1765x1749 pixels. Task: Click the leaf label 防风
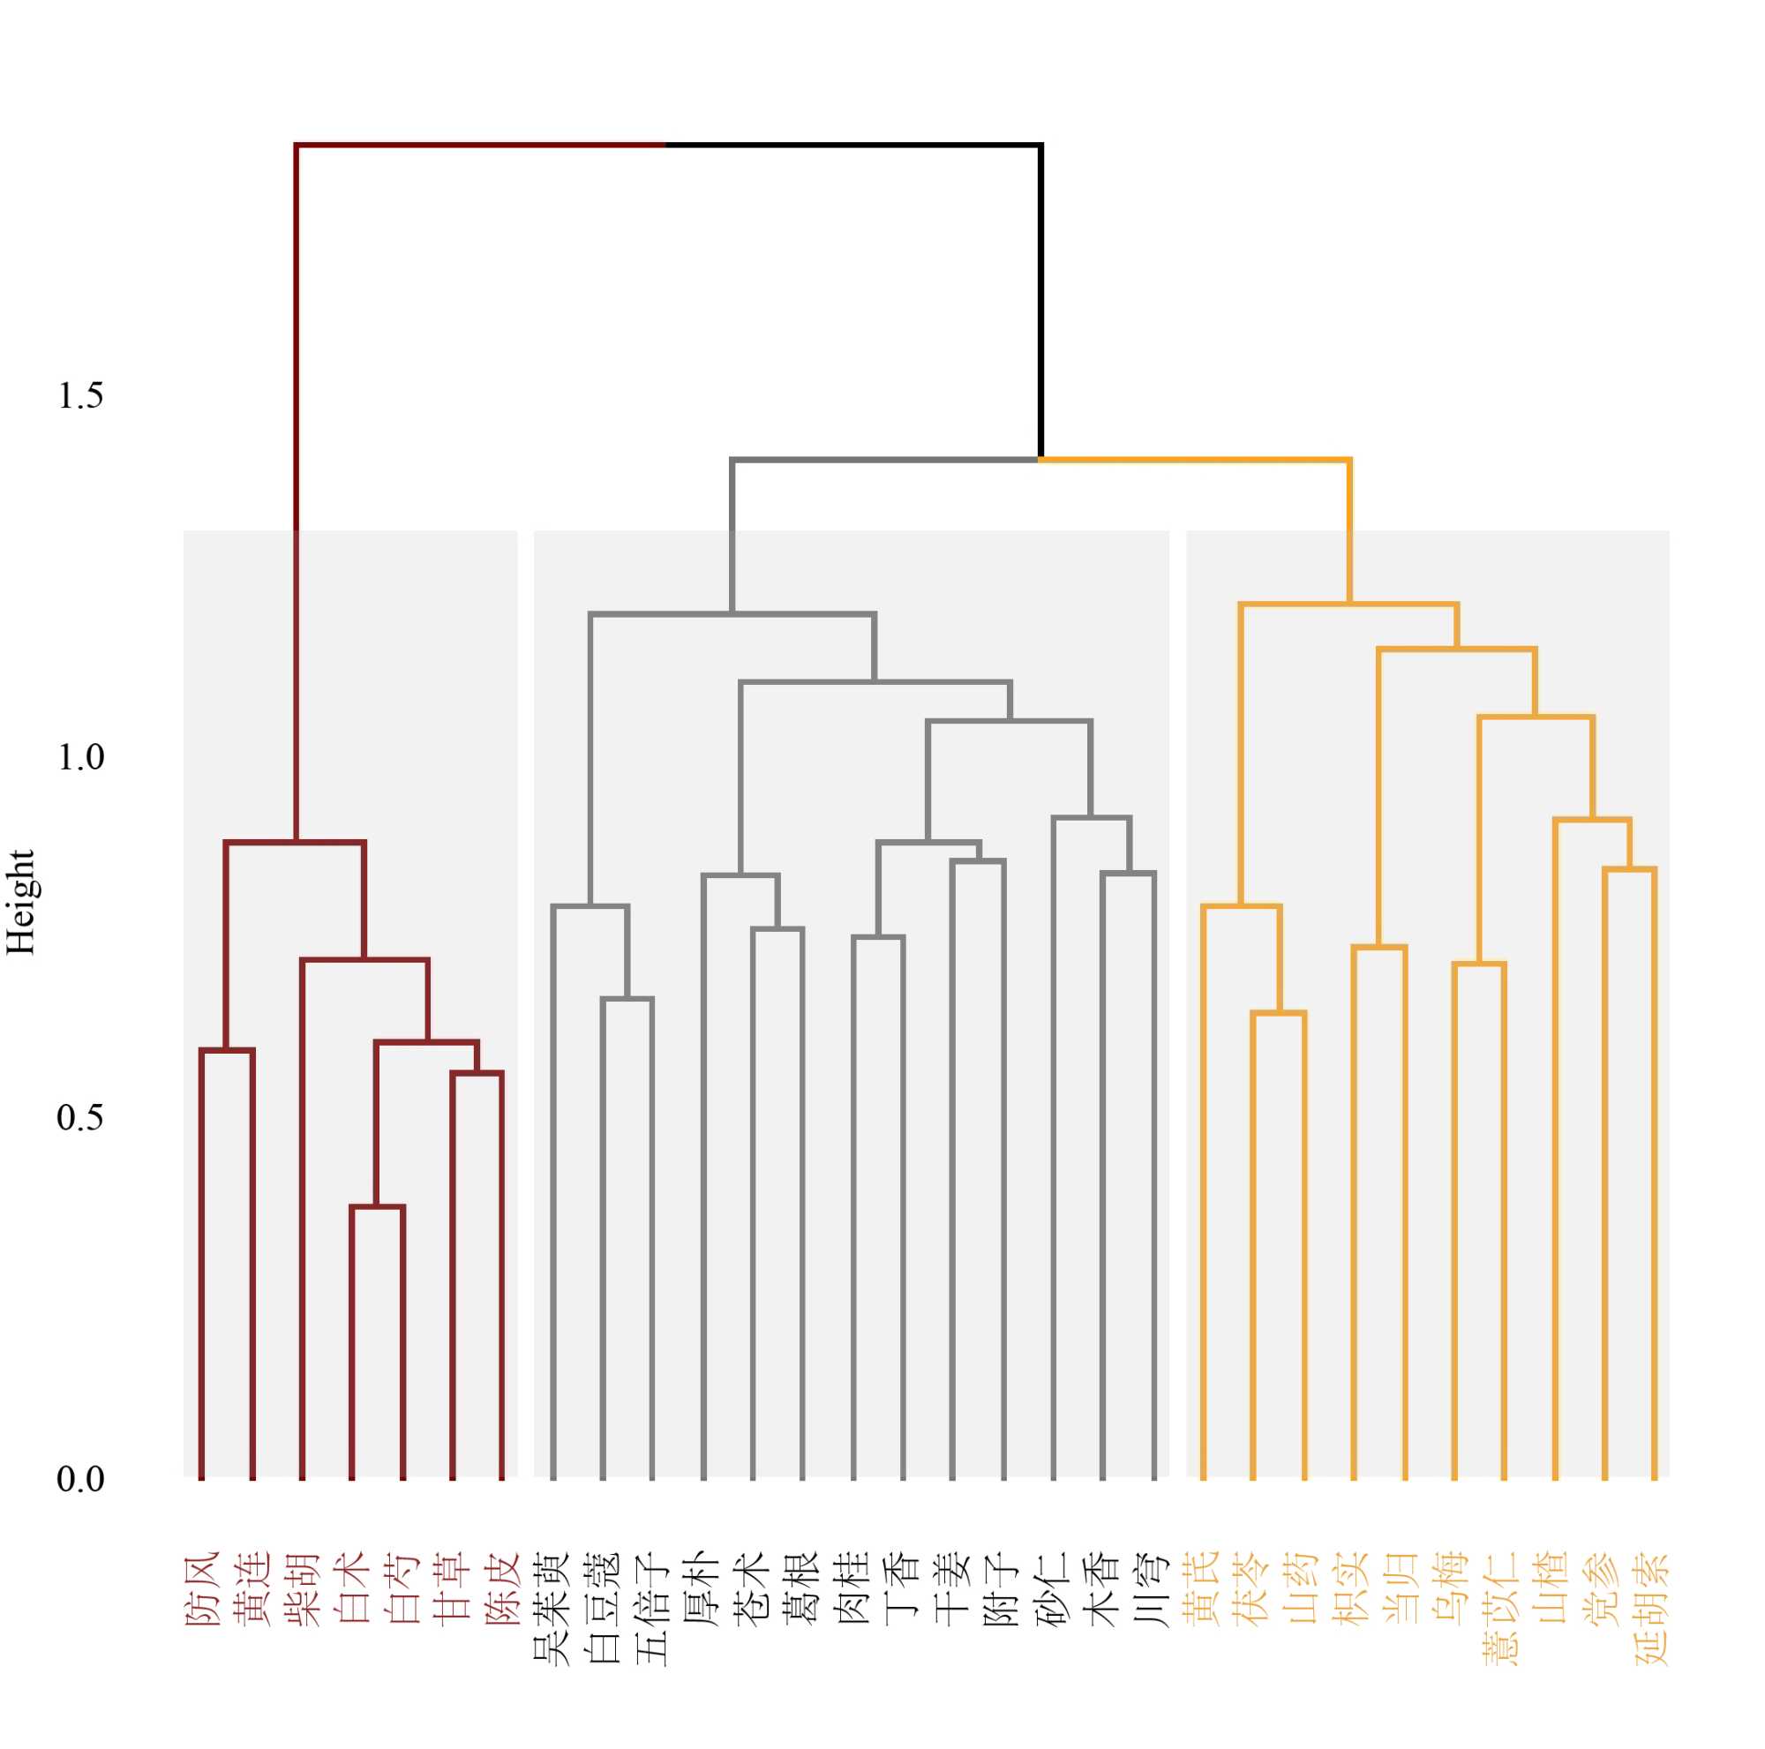coord(202,1589)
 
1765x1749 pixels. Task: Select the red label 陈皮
coord(501,1589)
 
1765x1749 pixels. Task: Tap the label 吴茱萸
coord(552,1608)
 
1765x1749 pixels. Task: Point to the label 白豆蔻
coord(603,1608)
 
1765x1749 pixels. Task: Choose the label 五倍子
coord(652,1608)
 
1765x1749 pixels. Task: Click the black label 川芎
coord(1153,1589)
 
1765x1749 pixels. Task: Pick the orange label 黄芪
coord(1203,1589)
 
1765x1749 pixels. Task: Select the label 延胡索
coord(1653,1608)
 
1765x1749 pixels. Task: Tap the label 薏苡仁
coord(1503,1608)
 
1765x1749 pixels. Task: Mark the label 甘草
coord(452,1589)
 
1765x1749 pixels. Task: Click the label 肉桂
coord(853,1589)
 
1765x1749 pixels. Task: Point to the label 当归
coord(1403,1589)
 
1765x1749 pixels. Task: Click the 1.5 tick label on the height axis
coord(80,396)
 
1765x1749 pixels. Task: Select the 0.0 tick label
coord(80,1479)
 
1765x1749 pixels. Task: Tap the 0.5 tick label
coord(80,1118)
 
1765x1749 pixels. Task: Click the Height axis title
coord(20,902)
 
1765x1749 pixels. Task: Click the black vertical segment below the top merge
coord(1040,302)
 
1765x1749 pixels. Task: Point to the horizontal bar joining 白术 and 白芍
coord(378,1207)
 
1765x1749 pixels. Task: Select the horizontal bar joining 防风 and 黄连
coord(227,1050)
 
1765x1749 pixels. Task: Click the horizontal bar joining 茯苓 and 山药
coord(1278,1013)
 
